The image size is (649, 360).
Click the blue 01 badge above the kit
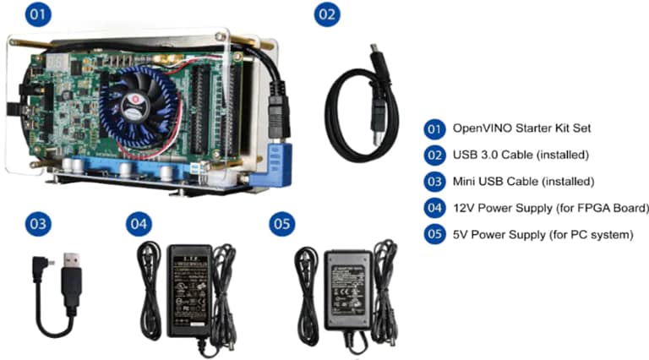[x=38, y=15]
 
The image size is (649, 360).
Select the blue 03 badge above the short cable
[x=38, y=224]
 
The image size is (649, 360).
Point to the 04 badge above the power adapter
[x=139, y=224]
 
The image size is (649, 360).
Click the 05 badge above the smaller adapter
[x=281, y=224]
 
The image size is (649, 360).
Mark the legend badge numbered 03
[x=434, y=182]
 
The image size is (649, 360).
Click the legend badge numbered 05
[x=434, y=234]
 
